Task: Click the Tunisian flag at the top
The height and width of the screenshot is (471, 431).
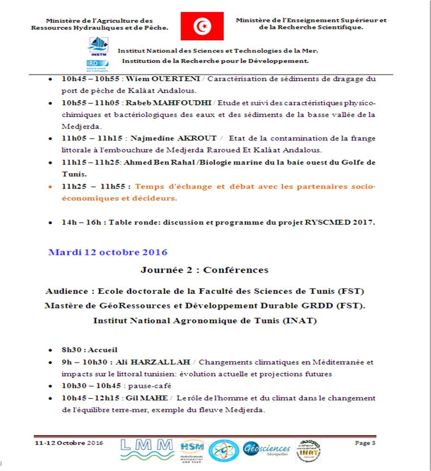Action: pyautogui.click(x=202, y=26)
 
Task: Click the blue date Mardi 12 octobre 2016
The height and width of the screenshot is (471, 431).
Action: pyautogui.click(x=108, y=252)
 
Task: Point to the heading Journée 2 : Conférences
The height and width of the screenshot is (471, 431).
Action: pyautogui.click(x=204, y=269)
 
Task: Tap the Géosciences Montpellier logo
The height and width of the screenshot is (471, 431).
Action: pyautogui.click(x=267, y=449)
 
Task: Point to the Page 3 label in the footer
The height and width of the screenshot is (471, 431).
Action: pyautogui.click(x=365, y=443)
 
